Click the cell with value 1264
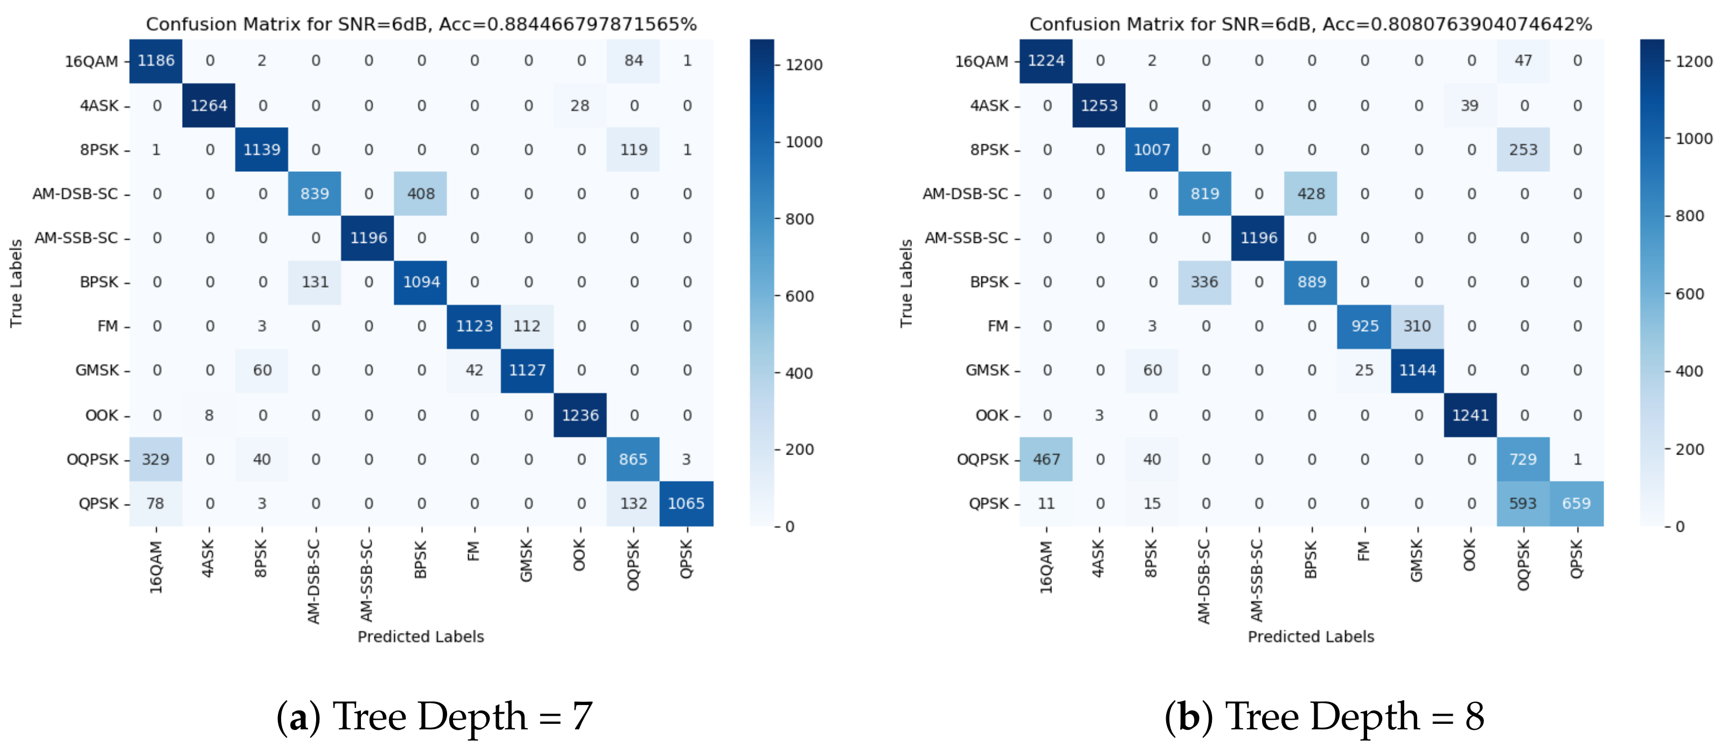tap(208, 106)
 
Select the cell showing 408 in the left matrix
tap(421, 194)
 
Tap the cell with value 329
tap(155, 459)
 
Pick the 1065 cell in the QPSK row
tap(686, 503)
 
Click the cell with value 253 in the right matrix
tap(1523, 150)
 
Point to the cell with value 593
tap(1523, 503)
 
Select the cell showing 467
tap(1046, 459)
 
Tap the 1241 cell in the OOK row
tap(1470, 415)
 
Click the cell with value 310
tap(1417, 326)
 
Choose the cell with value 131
tap(315, 282)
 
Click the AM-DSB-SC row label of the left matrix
tap(75, 194)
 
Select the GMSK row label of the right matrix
tap(987, 370)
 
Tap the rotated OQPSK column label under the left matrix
tap(633, 565)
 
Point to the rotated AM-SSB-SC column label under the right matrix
tap(1257, 580)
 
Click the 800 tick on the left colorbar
tap(799, 219)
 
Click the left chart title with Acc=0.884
tap(421, 24)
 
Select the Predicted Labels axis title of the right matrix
tap(1311, 636)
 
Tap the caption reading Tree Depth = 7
tap(434, 716)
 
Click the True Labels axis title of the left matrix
tap(16, 283)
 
